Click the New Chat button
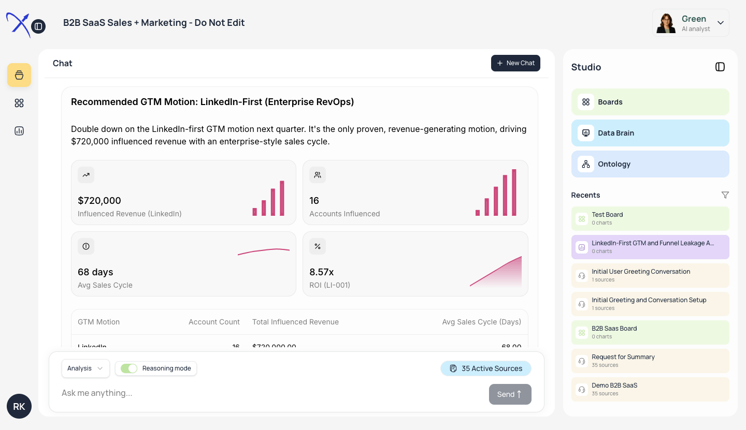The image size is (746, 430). click(x=515, y=63)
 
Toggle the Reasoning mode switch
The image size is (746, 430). click(x=129, y=368)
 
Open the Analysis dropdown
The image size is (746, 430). click(x=85, y=368)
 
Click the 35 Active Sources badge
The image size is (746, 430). click(x=486, y=368)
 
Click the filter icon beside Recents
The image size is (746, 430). click(x=725, y=195)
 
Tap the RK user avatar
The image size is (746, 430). click(x=19, y=406)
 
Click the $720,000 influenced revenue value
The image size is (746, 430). click(x=99, y=201)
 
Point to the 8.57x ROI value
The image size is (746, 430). click(x=322, y=272)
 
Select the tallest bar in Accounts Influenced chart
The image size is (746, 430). click(x=514, y=192)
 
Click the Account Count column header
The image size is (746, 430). click(x=214, y=322)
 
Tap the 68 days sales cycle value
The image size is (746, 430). click(x=95, y=272)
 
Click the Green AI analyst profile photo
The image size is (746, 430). click(x=666, y=23)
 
